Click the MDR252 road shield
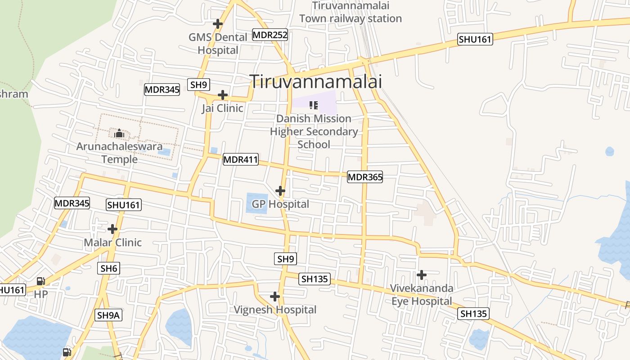tap(270, 35)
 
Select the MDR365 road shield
tap(365, 177)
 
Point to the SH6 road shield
tap(109, 269)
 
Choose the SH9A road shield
tap(108, 315)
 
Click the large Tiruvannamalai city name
tap(316, 81)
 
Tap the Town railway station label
tap(350, 13)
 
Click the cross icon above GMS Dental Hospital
tap(218, 23)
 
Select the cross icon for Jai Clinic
tap(222, 95)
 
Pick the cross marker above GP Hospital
tap(280, 191)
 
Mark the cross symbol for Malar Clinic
tap(112, 229)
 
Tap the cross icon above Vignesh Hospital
tap(275, 297)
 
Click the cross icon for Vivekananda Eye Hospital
tap(422, 274)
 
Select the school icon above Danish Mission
tap(314, 106)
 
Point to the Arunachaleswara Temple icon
tap(119, 133)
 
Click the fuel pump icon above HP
tap(40, 281)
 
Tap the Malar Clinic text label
tap(112, 243)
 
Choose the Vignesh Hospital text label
tap(275, 310)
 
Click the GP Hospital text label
tap(280, 204)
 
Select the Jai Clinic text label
tap(222, 108)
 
